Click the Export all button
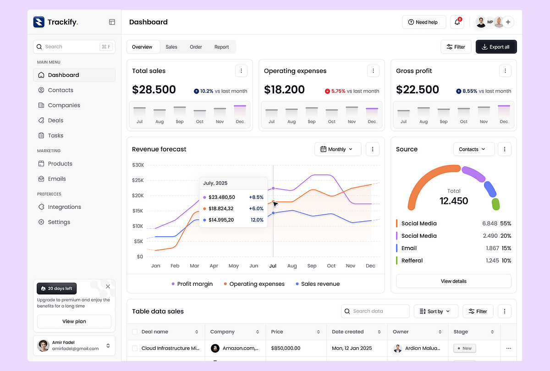coord(496,47)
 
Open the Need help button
coord(423,22)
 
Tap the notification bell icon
coord(457,22)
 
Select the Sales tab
coord(171,47)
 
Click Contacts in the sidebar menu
coord(60,90)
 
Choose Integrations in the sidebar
coord(64,207)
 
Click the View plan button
coord(74,322)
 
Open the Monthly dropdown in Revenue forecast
coord(337,149)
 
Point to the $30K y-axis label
coord(138,165)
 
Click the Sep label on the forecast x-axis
coord(312,266)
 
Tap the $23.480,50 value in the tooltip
coord(221,197)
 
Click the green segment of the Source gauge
coord(495,204)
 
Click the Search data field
coord(375,311)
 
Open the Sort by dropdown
coord(435,311)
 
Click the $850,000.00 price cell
coord(286,348)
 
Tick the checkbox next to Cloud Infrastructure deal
coord(135,348)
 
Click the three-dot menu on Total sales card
coord(241,71)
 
